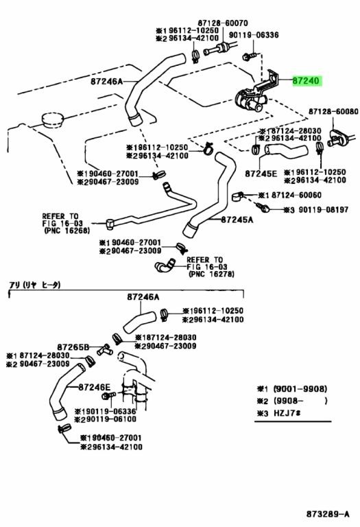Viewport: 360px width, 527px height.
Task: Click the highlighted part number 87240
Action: [306, 81]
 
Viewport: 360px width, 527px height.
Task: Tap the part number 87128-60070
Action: [223, 23]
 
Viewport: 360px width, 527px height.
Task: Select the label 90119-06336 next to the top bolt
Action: [254, 34]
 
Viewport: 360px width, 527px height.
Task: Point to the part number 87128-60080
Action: [333, 111]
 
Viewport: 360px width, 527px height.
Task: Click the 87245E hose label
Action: [261, 174]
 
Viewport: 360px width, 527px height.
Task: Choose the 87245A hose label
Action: [237, 220]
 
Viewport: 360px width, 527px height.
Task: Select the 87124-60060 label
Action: [296, 195]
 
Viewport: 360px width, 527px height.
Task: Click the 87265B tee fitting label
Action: [73, 347]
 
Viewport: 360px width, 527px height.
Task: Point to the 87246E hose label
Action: [95, 387]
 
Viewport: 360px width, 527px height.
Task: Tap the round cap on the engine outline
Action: [52, 120]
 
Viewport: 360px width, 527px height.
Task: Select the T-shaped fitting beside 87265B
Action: [104, 350]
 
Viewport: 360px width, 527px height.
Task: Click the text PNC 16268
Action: [67, 231]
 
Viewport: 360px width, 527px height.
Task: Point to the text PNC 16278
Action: [212, 274]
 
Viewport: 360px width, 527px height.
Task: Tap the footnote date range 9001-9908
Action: [300, 389]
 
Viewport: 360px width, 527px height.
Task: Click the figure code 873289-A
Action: [328, 514]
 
